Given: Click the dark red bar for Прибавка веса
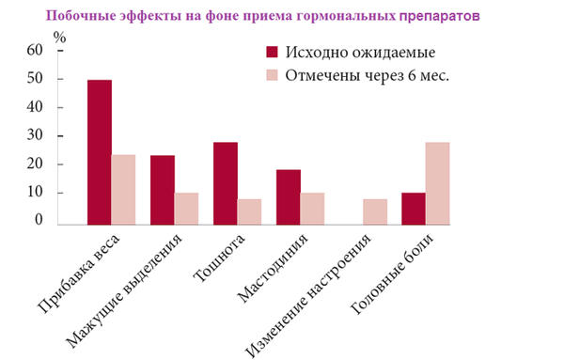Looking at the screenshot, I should point(100,152).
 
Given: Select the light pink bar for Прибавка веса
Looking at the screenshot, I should point(123,189).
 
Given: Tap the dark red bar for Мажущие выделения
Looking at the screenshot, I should point(163,190).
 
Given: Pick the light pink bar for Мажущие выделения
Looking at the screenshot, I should point(186,209).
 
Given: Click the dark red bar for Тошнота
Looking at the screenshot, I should point(226,183).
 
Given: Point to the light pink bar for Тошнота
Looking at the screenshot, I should point(249,211).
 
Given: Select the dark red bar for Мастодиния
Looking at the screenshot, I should point(288,196).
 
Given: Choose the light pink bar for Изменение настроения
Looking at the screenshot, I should point(374,211).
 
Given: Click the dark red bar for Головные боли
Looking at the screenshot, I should point(413,209).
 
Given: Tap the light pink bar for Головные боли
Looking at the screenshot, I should point(437,183).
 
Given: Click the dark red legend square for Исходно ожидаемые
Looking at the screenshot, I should point(274,53).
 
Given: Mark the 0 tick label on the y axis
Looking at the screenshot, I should point(39,220).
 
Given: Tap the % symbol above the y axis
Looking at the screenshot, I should point(60,37).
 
